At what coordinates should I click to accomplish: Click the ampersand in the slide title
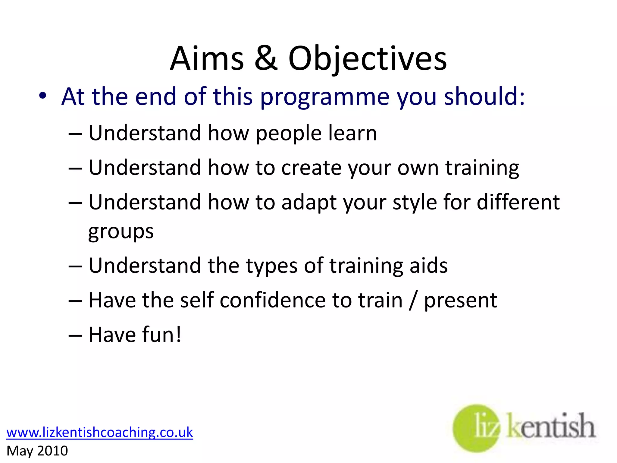click(x=265, y=59)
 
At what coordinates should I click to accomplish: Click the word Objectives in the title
click(x=367, y=59)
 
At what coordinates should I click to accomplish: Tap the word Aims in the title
click(x=207, y=59)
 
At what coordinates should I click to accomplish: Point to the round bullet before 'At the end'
click(x=43, y=96)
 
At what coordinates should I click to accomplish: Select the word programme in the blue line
click(x=324, y=97)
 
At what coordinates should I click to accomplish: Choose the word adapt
click(x=309, y=203)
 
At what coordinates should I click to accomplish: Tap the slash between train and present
click(x=413, y=301)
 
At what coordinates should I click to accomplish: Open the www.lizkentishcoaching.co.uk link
click(x=99, y=432)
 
